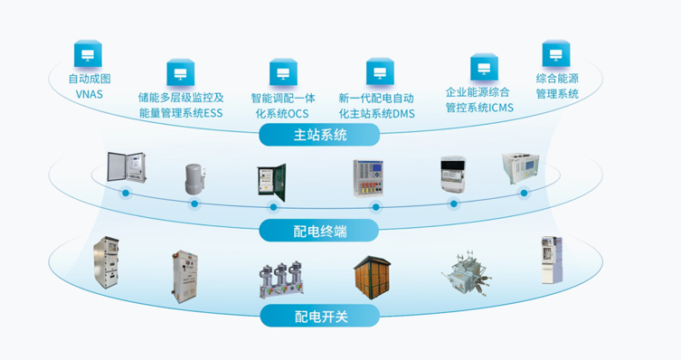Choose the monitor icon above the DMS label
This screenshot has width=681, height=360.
pyautogui.click(x=378, y=71)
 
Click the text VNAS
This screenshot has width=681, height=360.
pyautogui.click(x=89, y=93)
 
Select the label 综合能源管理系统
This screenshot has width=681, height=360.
pyautogui.click(x=557, y=86)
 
